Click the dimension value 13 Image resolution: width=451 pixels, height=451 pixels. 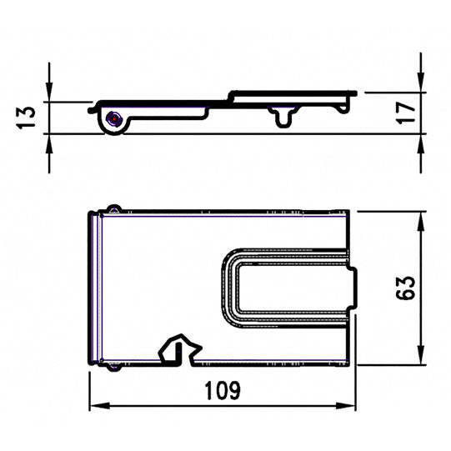click(27, 117)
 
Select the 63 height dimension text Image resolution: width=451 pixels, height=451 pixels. click(406, 288)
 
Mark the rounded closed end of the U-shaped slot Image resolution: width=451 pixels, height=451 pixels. click(228, 283)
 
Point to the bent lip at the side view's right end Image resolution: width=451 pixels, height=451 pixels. click(352, 97)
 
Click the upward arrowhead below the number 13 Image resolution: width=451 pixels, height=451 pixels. click(49, 142)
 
